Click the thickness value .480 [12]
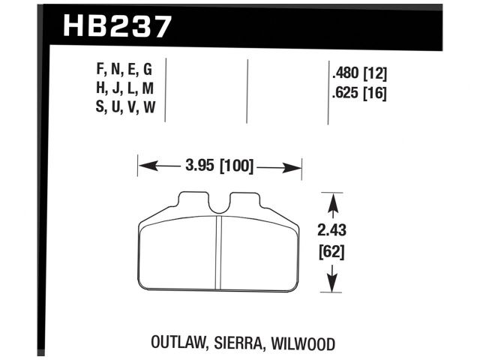358,73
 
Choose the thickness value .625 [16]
358,94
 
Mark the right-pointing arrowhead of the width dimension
294,166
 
